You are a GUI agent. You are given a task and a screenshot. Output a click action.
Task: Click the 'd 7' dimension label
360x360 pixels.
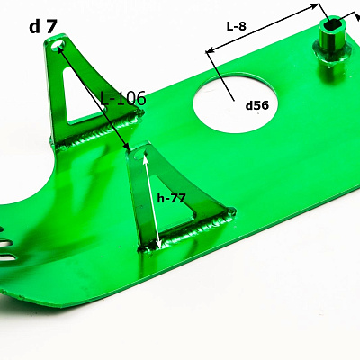[42, 27]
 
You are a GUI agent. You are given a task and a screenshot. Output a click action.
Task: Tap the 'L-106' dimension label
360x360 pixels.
[123, 98]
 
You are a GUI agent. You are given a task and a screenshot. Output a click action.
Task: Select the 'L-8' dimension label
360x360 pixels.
[237, 27]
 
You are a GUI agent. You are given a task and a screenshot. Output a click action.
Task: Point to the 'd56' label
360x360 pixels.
[257, 105]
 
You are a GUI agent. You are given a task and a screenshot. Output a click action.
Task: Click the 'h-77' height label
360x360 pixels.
[172, 198]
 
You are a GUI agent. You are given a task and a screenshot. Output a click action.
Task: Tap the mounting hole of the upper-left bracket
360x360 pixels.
[58, 46]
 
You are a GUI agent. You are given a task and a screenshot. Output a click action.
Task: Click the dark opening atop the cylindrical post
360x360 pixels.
[333, 25]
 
